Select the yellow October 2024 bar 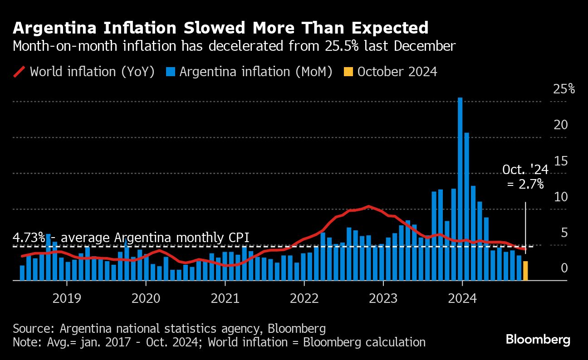[x=525, y=271]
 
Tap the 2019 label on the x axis [x=67, y=298]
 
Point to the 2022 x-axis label [x=304, y=298]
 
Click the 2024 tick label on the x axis [x=462, y=298]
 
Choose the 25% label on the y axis [x=564, y=89]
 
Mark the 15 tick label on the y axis [x=561, y=161]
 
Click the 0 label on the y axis [x=564, y=268]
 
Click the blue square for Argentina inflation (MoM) [x=171, y=72]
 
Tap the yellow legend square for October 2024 [x=348, y=72]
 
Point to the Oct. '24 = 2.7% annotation [x=525, y=177]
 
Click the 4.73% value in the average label [x=29, y=238]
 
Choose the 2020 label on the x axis [x=146, y=298]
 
